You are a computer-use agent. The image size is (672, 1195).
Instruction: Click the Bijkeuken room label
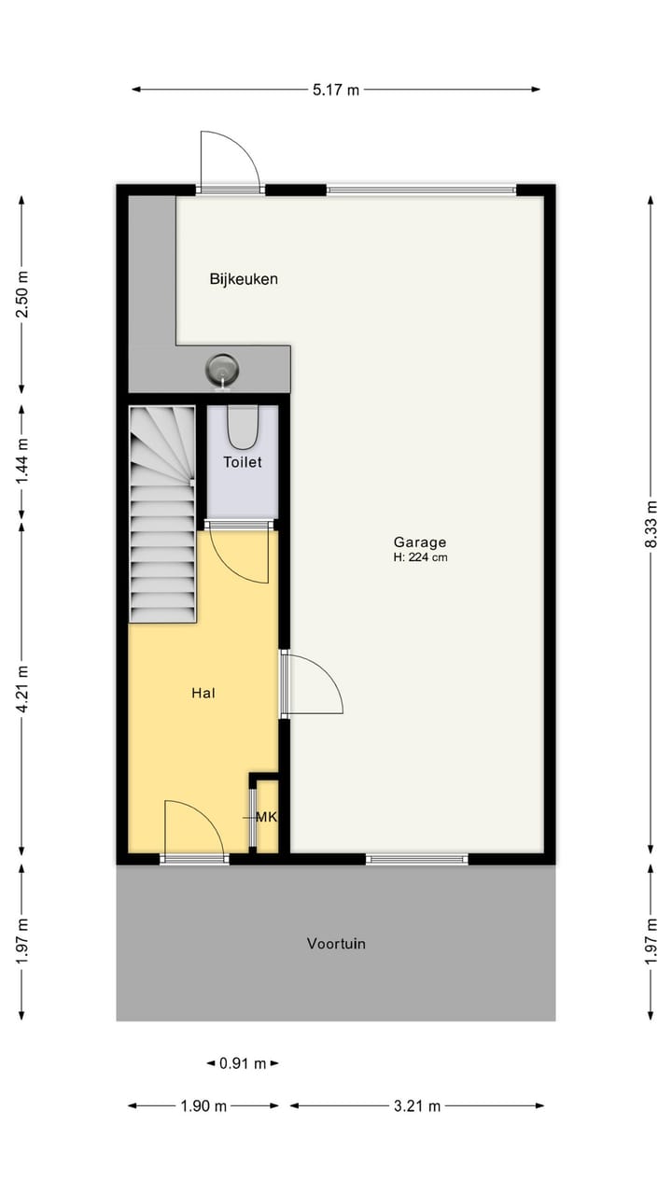[x=244, y=278]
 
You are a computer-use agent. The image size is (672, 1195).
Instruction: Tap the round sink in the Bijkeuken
[x=223, y=369]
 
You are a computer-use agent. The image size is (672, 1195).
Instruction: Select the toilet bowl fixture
[x=243, y=427]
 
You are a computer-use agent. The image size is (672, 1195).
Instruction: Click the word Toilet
[x=243, y=461]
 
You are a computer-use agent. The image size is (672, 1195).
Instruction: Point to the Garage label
[x=420, y=541]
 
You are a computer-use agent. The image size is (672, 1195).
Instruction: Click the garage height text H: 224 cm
[x=420, y=557]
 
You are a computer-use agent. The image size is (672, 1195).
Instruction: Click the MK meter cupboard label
[x=266, y=817]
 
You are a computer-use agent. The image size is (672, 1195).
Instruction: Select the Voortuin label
[x=336, y=943]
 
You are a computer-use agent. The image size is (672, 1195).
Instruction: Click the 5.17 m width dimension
[x=336, y=90]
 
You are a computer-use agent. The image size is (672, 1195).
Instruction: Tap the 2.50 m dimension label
[x=22, y=294]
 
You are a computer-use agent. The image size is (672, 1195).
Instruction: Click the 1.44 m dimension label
[x=22, y=458]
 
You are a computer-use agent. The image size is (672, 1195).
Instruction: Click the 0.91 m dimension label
[x=243, y=1062]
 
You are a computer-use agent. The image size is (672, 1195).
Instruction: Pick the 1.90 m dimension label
[x=203, y=1106]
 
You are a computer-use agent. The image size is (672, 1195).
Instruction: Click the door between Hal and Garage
[x=313, y=684]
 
